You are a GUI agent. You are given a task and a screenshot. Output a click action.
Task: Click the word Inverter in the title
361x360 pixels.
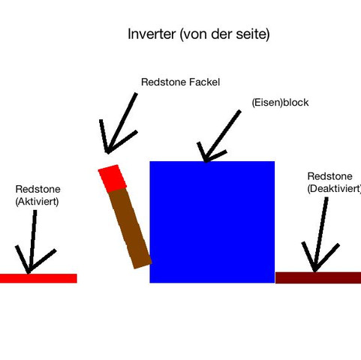(x=152, y=34)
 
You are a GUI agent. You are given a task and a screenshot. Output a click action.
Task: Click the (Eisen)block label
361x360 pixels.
(x=280, y=103)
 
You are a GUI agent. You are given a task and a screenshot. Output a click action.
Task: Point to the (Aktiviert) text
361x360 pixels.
(x=37, y=202)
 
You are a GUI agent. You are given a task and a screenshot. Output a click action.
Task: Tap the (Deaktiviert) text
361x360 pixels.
(x=334, y=188)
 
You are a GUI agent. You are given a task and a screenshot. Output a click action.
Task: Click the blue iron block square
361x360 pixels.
(x=212, y=222)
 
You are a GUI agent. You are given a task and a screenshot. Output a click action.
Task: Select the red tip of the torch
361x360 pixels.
(x=113, y=178)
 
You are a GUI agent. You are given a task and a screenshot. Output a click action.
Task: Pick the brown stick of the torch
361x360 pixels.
(x=130, y=228)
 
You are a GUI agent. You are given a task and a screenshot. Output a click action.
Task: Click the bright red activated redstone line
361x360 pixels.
(x=38, y=278)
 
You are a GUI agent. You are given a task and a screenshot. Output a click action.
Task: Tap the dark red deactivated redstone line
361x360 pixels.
(x=318, y=277)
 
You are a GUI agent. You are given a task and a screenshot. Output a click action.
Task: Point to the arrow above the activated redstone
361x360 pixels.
(x=32, y=242)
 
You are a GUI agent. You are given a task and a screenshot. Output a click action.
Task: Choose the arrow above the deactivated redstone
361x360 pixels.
(x=320, y=235)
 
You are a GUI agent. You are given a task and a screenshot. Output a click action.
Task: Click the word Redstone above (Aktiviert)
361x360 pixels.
(x=38, y=189)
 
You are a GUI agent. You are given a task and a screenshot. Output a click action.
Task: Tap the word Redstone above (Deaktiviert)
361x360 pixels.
(x=329, y=176)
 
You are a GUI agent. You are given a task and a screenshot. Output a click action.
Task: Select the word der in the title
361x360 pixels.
(x=222, y=34)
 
